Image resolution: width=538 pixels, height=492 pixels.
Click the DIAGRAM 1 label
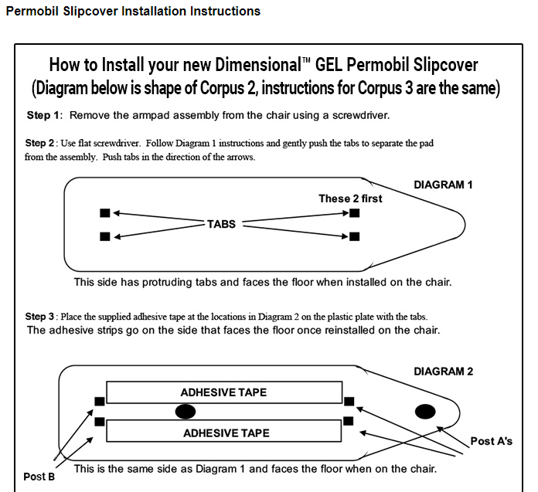(x=443, y=185)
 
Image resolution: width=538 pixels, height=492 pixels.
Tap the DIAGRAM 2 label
(x=443, y=372)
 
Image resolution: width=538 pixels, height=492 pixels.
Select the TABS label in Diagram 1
(x=221, y=224)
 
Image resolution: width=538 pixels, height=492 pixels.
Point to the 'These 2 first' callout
(x=350, y=198)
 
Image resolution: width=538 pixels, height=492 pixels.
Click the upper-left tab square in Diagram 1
(x=105, y=212)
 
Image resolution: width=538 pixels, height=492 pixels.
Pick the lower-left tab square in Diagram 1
(x=105, y=236)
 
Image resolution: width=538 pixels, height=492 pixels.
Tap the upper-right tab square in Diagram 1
(x=354, y=212)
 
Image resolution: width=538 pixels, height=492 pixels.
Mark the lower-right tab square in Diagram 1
(x=354, y=236)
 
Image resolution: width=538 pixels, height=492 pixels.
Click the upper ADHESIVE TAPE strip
(x=224, y=392)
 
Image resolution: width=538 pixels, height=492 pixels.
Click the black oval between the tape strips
(x=186, y=410)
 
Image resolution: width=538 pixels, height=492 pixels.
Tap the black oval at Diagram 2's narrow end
(x=426, y=410)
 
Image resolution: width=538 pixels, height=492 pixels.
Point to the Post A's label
(x=491, y=441)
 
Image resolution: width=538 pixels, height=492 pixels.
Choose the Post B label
(x=39, y=477)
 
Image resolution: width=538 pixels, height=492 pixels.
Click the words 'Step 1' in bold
(x=43, y=115)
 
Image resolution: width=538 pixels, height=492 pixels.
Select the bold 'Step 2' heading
(x=41, y=143)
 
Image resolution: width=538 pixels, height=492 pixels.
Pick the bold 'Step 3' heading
(x=41, y=317)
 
